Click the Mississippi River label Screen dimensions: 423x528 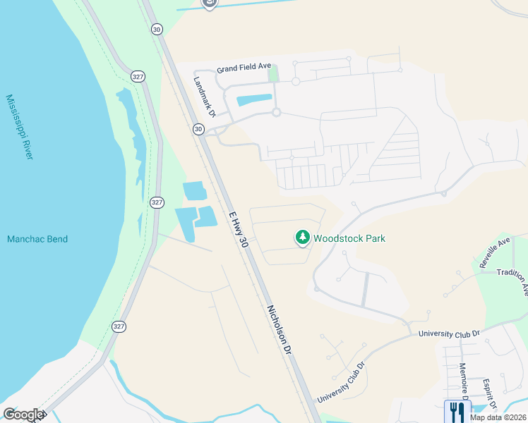19,127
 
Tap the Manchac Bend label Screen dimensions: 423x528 37,239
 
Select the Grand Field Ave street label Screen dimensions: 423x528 244,68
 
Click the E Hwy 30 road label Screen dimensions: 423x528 238,228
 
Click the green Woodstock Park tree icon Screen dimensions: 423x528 303,238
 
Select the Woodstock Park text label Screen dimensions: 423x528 349,238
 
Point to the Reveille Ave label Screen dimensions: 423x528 494,252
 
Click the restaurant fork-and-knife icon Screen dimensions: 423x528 457,410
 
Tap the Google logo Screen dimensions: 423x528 23,415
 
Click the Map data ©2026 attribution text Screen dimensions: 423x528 498,417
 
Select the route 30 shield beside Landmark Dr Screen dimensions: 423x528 198,129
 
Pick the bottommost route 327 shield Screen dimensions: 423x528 119,326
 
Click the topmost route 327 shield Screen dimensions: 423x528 138,75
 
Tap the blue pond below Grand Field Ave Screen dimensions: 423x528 255,100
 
